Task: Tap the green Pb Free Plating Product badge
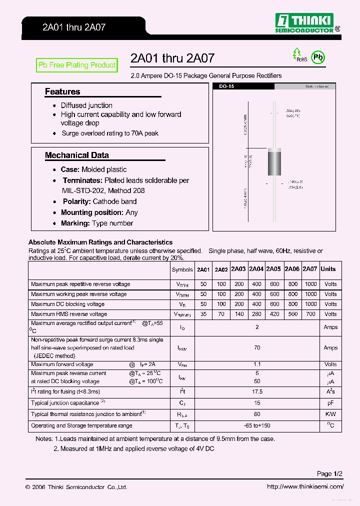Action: click(77, 65)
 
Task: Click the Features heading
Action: click(62, 91)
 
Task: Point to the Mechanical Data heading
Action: click(76, 155)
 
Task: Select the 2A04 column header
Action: click(256, 269)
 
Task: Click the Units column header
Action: click(328, 269)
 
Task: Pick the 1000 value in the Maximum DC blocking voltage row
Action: click(310, 304)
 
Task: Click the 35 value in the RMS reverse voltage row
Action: click(203, 314)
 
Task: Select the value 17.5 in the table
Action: click(257, 391)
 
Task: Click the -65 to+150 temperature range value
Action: click(257, 425)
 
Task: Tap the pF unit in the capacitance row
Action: click(330, 402)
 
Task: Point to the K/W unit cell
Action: click(330, 414)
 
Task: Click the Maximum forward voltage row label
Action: click(62, 364)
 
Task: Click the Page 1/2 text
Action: click(329, 473)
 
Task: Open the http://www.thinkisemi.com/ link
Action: click(305, 487)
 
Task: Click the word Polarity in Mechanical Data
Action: click(76, 201)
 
